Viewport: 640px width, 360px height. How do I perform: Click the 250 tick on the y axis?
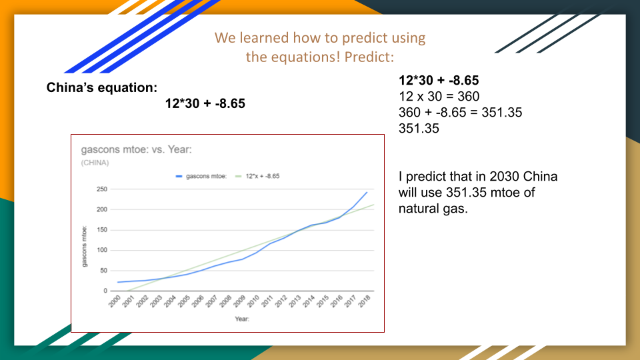click(x=101, y=189)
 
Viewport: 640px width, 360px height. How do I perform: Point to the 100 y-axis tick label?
click(x=101, y=250)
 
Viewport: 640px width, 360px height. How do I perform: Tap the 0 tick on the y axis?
click(x=105, y=291)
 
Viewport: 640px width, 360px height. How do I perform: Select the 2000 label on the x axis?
click(x=114, y=301)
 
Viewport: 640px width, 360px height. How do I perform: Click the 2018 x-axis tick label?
click(x=364, y=301)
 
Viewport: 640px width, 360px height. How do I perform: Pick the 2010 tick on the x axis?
click(x=253, y=301)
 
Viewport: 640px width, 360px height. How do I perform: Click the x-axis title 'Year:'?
click(x=242, y=319)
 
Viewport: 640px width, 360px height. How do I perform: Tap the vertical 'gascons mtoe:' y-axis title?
click(x=85, y=247)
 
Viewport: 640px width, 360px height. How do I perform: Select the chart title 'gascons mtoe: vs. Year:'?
click(x=136, y=149)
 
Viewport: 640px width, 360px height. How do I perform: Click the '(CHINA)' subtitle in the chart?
click(x=95, y=163)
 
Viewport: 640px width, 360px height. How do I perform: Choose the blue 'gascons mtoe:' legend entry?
click(x=201, y=176)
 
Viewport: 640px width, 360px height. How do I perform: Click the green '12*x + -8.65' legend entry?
click(x=257, y=176)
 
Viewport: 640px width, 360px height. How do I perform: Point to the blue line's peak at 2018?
click(x=367, y=192)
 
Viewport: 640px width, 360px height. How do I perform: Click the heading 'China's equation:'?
click(x=101, y=88)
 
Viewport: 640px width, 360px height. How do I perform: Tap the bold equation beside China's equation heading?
click(x=205, y=104)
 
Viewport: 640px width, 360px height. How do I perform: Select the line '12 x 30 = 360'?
click(x=439, y=96)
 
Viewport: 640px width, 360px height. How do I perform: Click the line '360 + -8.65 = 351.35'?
click(x=460, y=112)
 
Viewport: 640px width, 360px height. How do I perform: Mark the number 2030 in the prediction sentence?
click(x=504, y=176)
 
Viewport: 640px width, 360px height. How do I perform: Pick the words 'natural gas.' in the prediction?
click(x=433, y=209)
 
